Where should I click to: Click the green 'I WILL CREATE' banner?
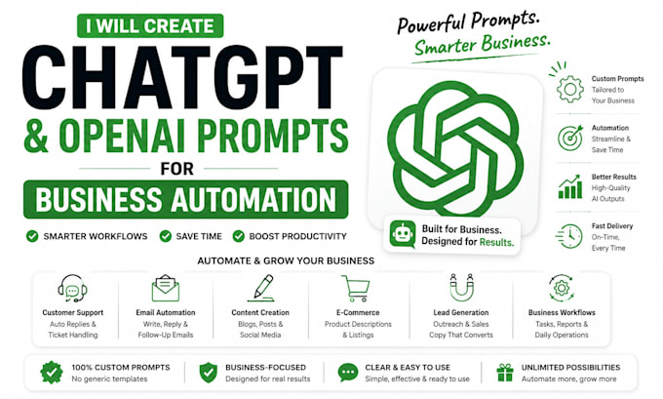click(x=150, y=25)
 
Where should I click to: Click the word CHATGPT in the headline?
click(x=182, y=77)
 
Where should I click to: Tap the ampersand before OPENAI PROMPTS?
click(x=36, y=136)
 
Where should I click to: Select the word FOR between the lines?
click(x=177, y=169)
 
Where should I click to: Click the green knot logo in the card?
click(x=455, y=148)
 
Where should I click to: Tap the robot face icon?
click(x=403, y=233)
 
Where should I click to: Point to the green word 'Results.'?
click(x=497, y=242)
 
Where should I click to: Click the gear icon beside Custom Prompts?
click(x=570, y=89)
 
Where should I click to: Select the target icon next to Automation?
click(x=570, y=138)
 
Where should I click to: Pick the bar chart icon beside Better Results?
click(x=570, y=187)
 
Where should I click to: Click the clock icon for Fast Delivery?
click(x=569, y=236)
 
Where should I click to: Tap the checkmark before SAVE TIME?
click(x=166, y=236)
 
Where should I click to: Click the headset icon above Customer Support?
click(x=72, y=289)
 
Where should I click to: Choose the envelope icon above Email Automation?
click(x=166, y=289)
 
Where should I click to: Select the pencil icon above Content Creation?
click(x=261, y=288)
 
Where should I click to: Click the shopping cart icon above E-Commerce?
click(x=356, y=289)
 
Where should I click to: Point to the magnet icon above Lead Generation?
click(x=461, y=287)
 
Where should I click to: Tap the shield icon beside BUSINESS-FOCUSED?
click(x=208, y=373)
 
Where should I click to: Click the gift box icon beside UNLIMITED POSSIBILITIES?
click(x=505, y=373)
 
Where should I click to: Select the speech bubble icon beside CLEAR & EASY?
click(x=348, y=373)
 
